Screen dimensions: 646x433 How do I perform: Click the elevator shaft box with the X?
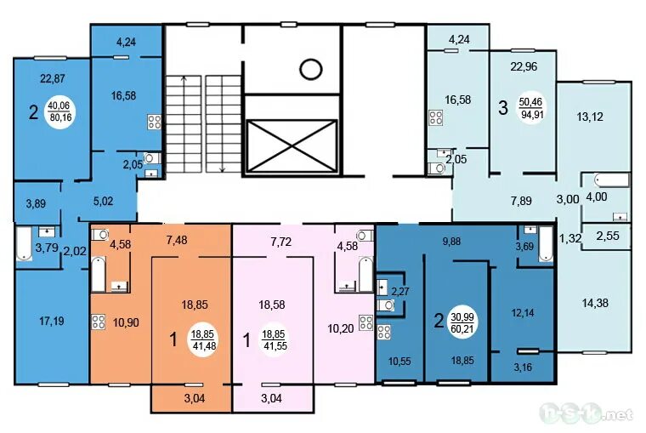pos(292,145)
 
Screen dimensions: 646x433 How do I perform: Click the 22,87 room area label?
pos(53,78)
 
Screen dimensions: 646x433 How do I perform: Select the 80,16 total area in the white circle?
pos(60,117)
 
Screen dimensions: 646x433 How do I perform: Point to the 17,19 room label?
pos(52,321)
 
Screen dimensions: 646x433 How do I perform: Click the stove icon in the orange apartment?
pos(98,322)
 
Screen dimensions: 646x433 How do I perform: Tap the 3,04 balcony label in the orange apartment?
pos(195,398)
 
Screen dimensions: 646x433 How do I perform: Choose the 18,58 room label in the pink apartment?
pos(272,305)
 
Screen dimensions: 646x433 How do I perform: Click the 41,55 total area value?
pos(275,346)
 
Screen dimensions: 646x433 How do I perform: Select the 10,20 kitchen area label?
pos(341,328)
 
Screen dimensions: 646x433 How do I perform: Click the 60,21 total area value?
pos(462,329)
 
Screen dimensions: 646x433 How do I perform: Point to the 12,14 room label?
pos(523,313)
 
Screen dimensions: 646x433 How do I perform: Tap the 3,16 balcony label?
pos(523,367)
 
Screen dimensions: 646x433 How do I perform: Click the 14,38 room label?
pos(595,303)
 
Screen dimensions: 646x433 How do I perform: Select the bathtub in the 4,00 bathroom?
pos(611,180)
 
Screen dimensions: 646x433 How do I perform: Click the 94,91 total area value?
pos(533,114)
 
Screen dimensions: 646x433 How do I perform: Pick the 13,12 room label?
pos(590,117)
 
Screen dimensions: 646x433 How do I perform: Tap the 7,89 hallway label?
pos(521,201)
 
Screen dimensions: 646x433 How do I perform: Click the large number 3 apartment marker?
pos(503,108)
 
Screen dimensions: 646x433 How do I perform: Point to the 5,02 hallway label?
pos(104,202)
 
